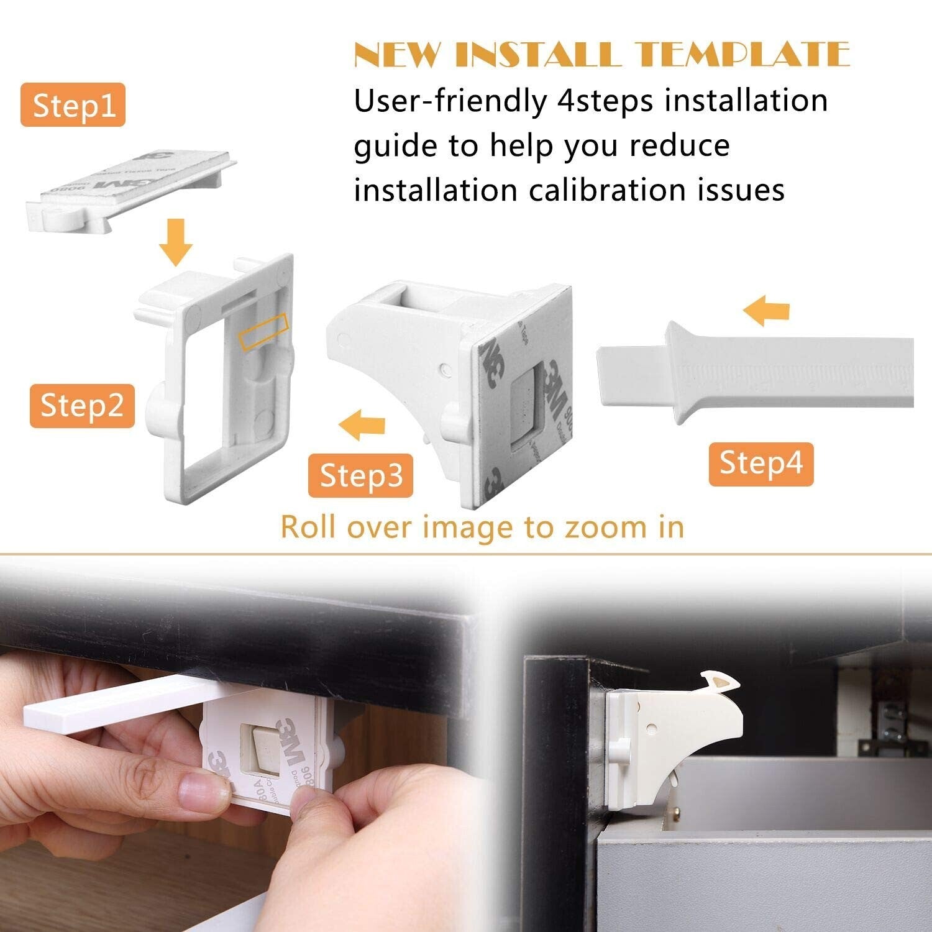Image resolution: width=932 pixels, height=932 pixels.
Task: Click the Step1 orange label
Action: [73, 105]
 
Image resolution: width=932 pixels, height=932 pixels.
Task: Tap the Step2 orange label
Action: [82, 406]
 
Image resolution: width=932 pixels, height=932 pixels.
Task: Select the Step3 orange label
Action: [360, 476]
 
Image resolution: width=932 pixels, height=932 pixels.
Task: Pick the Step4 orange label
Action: [761, 464]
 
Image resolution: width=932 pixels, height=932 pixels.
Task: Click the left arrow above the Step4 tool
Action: [767, 311]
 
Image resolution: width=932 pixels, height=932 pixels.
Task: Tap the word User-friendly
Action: [450, 101]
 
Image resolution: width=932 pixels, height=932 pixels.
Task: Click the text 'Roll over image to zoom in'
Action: [482, 527]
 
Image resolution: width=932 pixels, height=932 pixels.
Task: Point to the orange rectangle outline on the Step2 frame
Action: [263, 332]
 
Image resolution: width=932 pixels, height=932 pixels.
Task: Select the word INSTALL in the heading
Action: [538, 55]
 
